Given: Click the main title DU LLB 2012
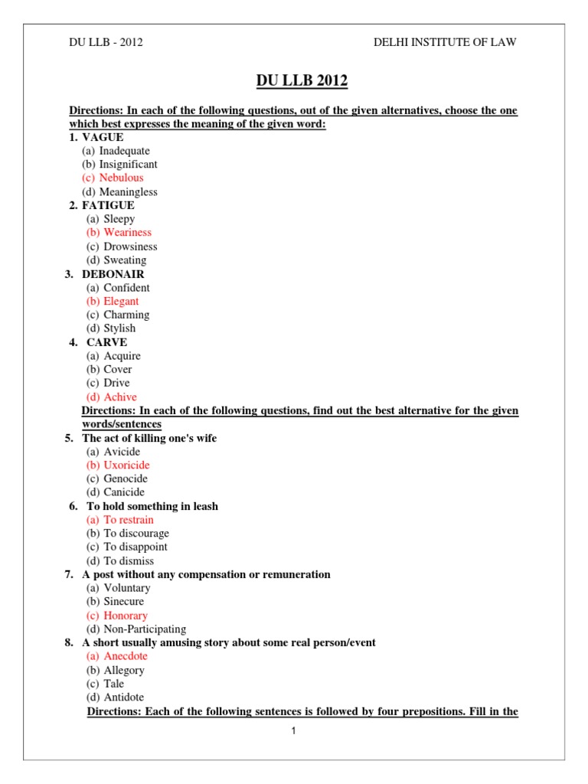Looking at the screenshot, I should point(293,80).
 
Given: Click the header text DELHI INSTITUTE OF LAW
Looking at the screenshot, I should point(445,42).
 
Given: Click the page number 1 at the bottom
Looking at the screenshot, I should point(293,730).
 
